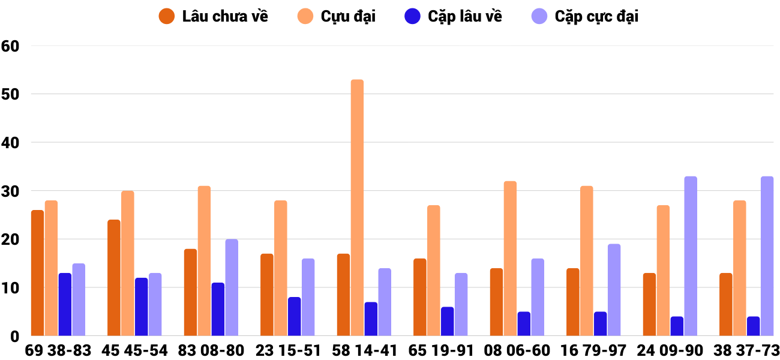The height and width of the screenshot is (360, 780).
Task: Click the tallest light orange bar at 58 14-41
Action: [x=357, y=208]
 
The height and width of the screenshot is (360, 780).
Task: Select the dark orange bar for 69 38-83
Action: [x=37, y=273]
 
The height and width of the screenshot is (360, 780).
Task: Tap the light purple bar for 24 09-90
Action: [x=691, y=256]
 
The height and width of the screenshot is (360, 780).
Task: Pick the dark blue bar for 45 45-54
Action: [x=141, y=307]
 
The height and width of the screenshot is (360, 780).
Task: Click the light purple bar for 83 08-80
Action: [x=232, y=287]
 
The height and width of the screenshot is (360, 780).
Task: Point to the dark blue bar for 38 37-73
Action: [x=753, y=326]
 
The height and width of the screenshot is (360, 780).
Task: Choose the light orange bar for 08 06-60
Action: [x=510, y=259]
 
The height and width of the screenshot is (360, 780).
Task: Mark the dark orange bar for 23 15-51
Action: [x=267, y=295]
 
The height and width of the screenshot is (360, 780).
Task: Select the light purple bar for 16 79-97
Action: [x=614, y=290]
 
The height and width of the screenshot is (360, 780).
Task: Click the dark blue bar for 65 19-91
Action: [x=447, y=321]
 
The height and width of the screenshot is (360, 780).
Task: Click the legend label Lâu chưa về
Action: [x=225, y=16]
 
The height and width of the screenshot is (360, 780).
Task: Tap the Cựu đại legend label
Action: [x=348, y=16]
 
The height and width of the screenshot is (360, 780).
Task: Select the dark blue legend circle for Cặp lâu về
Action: [x=412, y=16]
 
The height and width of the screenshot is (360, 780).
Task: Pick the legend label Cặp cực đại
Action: [x=596, y=16]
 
